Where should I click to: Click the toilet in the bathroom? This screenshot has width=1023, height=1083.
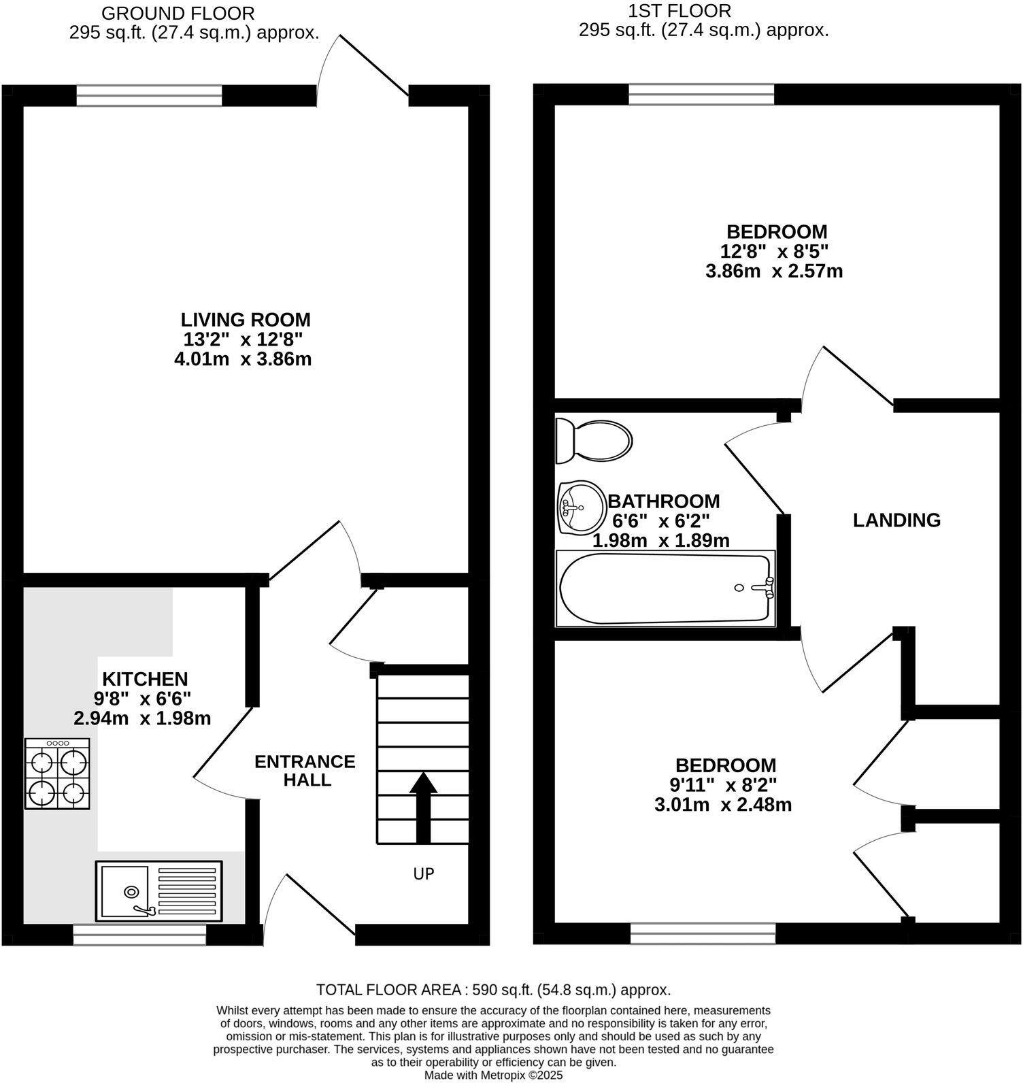click(594, 439)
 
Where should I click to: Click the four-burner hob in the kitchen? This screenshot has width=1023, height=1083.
click(58, 774)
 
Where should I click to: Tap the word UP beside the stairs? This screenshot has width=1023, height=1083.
click(424, 873)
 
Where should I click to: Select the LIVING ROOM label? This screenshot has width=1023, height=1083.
click(246, 319)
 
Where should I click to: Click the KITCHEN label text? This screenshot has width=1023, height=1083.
click(145, 678)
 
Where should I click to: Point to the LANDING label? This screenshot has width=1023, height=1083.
click(897, 520)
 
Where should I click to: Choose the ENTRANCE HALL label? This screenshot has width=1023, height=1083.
click(305, 771)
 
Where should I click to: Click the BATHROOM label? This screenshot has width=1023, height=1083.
click(663, 501)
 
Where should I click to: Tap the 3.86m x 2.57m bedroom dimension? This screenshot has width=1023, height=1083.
click(775, 271)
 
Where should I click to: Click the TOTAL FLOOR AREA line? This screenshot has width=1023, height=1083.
click(494, 990)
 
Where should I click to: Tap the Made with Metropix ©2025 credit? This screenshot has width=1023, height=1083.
click(494, 1076)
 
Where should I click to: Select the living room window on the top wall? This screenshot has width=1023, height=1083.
click(149, 96)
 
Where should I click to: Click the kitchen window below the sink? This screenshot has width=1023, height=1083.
click(139, 935)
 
